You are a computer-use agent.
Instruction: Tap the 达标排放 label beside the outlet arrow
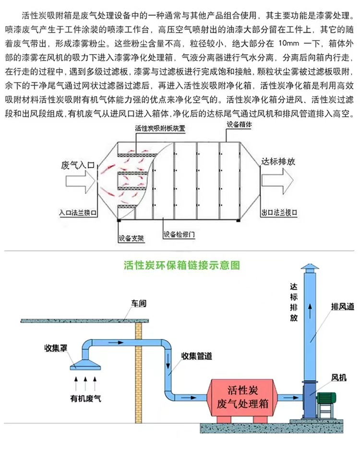(278, 162)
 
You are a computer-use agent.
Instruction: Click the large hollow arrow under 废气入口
(79, 182)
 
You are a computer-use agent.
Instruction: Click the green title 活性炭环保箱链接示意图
(181, 265)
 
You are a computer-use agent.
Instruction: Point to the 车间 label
(139, 304)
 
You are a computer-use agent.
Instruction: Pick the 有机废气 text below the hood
(86, 398)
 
